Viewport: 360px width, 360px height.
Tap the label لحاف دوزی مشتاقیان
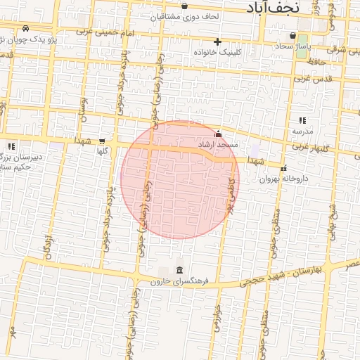184,15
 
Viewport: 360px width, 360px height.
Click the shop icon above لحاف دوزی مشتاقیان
184,6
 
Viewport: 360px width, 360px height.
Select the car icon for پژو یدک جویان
26,29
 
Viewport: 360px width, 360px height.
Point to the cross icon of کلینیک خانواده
218,41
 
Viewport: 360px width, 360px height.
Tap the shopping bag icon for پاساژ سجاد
292,35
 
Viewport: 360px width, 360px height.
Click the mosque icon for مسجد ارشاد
218,134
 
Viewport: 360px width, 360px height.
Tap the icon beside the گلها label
103,141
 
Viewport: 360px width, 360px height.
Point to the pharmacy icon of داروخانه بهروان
284,168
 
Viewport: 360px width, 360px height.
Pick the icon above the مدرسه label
302,121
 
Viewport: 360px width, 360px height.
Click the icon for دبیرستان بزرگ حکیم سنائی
11,146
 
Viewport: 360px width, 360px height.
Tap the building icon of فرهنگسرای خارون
180,271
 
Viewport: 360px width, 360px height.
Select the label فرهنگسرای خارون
180,281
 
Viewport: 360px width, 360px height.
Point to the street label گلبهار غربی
310,146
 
